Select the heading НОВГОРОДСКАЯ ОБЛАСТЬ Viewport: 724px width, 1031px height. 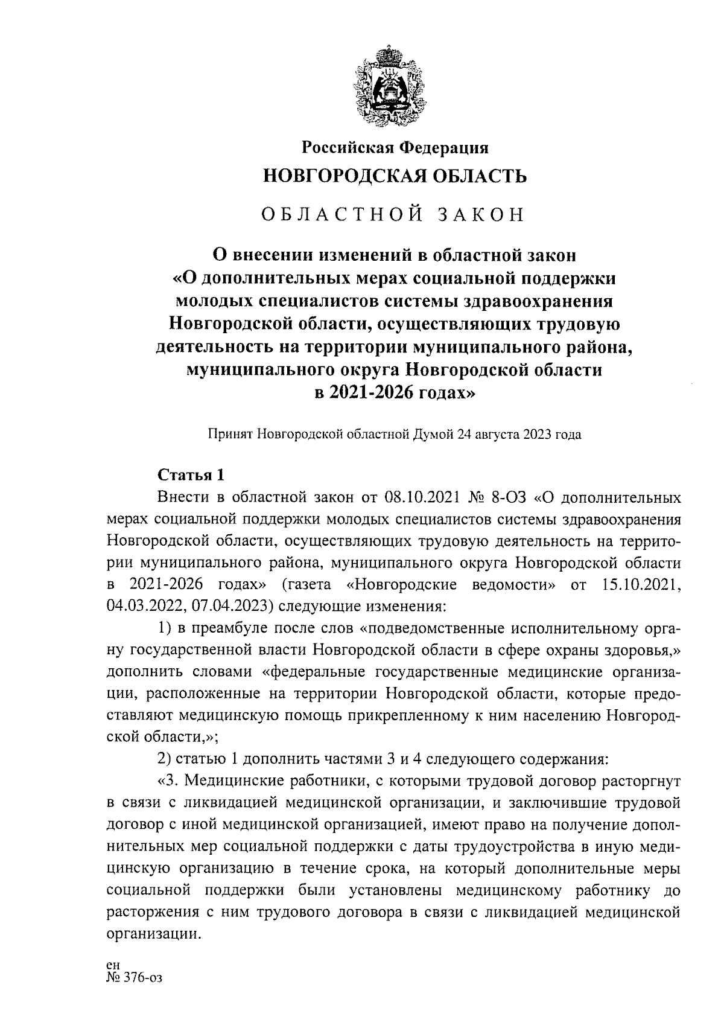coord(395,176)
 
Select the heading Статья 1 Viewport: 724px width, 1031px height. coord(190,475)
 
